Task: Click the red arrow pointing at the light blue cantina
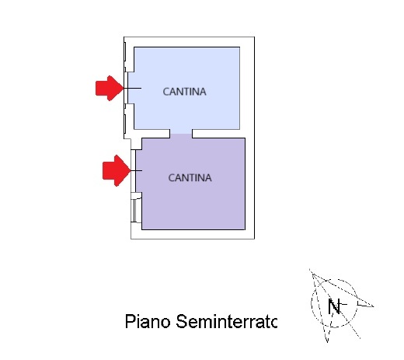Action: (110, 88)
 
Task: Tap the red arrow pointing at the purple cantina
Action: (117, 170)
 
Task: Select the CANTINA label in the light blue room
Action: (184, 92)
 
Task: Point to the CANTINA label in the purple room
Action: (190, 178)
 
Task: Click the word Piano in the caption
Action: (148, 321)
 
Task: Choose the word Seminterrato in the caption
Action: (227, 321)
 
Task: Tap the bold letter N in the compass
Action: (334, 306)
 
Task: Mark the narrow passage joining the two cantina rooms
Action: (181, 134)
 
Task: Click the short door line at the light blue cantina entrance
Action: (133, 89)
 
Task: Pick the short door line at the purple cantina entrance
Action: (137, 170)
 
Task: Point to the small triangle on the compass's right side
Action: (365, 304)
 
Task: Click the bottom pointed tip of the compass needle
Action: (327, 342)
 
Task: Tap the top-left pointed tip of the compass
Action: (310, 270)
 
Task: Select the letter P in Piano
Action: (130, 321)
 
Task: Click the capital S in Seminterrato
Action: (182, 321)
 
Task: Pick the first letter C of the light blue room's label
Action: (165, 92)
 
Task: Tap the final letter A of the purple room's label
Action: (207, 178)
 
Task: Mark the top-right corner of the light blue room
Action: (239, 47)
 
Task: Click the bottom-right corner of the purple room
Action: (245, 229)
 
